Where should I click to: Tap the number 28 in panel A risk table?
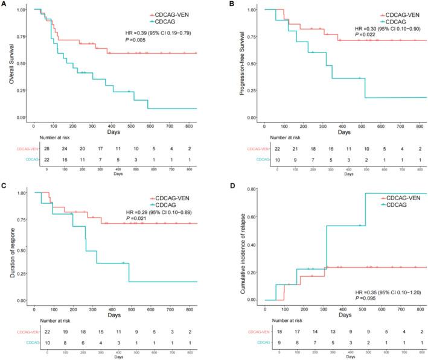pyautogui.click(x=46, y=147)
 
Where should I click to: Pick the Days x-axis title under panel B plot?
pyautogui.click(x=343, y=131)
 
